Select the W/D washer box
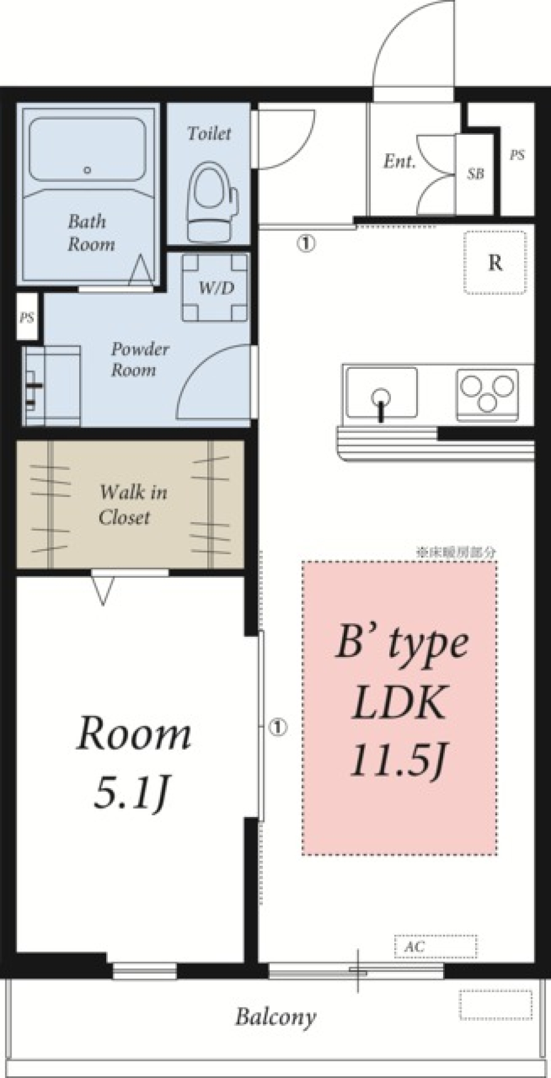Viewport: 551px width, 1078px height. pos(216,287)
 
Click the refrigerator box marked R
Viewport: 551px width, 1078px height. pos(495,263)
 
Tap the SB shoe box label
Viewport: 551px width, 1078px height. pos(475,173)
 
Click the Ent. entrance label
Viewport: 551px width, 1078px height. pos(399,161)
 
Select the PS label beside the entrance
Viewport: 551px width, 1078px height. pos(517,155)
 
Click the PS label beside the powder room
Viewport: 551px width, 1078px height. pos(27,317)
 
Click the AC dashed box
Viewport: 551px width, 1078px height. pos(436,947)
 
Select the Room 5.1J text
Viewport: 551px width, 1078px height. pos(133,761)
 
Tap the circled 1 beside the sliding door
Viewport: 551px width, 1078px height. pos(278,727)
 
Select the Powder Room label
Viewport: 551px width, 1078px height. pos(138,359)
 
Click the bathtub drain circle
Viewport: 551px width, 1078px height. pos(87,170)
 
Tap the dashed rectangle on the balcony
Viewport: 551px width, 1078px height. pos(495,1005)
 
